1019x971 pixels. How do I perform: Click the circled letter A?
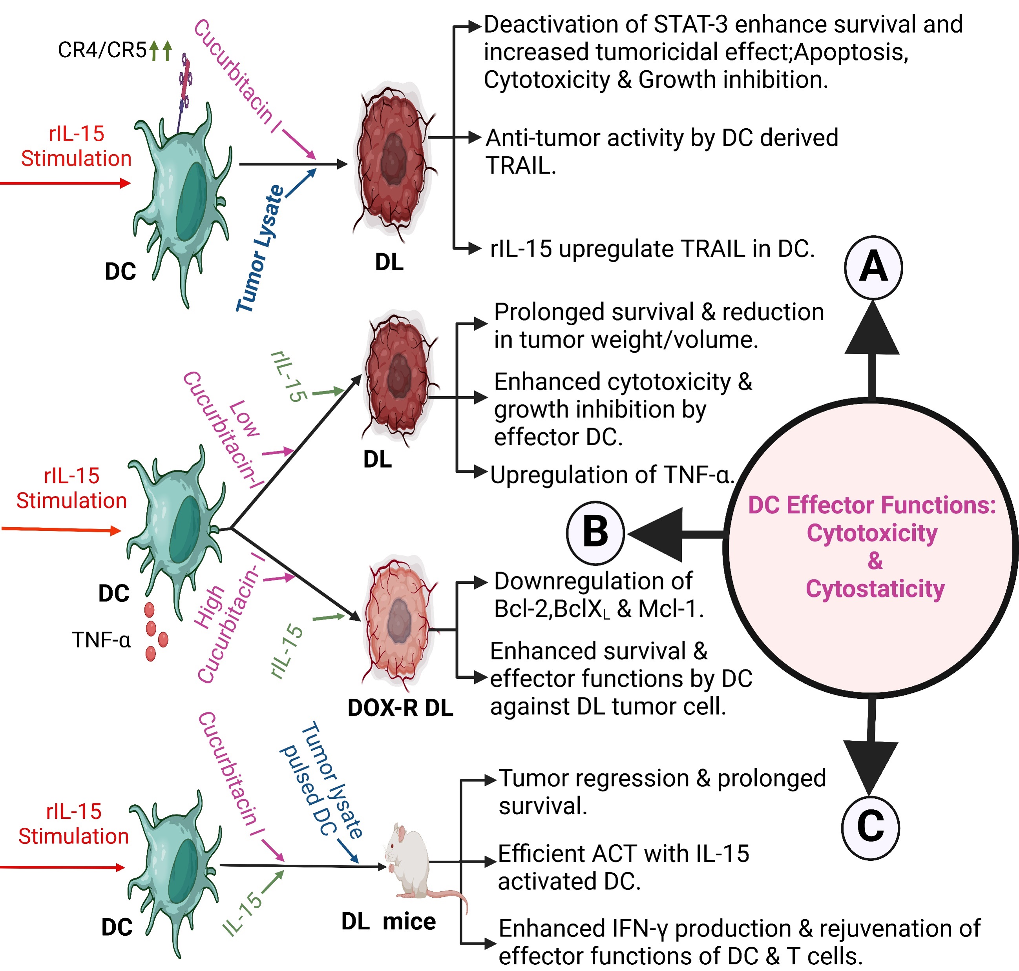point(873,267)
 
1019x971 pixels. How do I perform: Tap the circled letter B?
point(595,532)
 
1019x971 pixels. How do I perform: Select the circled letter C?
point(870,827)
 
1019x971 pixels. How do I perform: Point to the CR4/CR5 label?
point(102,50)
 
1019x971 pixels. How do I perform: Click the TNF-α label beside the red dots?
point(102,640)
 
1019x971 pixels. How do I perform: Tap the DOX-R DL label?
point(400,707)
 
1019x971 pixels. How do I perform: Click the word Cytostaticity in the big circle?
point(875,589)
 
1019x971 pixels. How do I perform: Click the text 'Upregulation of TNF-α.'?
point(612,475)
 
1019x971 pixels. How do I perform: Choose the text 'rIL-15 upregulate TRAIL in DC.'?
point(652,249)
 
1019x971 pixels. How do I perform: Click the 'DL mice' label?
point(388,921)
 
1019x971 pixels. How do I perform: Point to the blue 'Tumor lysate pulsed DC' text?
point(321,782)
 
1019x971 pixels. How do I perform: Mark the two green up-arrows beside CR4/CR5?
point(161,51)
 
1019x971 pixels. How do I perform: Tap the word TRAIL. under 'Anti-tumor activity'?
point(520,166)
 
